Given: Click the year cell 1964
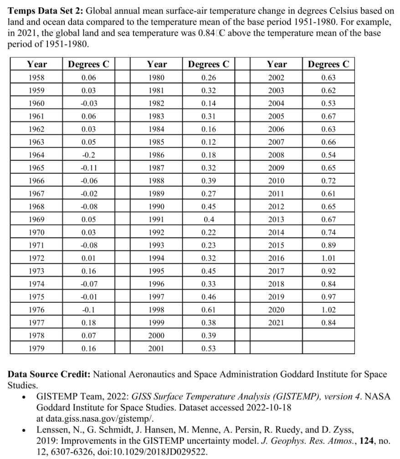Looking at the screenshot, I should coord(36,154).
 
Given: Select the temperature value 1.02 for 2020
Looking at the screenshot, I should coord(328,310).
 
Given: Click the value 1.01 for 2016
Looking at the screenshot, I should coord(328,258).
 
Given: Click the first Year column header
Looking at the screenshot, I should coord(36,64).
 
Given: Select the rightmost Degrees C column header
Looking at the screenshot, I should coord(328,64).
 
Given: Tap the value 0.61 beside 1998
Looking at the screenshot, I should coord(209,310).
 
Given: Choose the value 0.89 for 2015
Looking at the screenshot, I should coord(328,245).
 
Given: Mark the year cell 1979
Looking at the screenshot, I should coord(36,349).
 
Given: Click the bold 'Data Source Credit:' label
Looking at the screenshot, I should coord(50,375).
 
